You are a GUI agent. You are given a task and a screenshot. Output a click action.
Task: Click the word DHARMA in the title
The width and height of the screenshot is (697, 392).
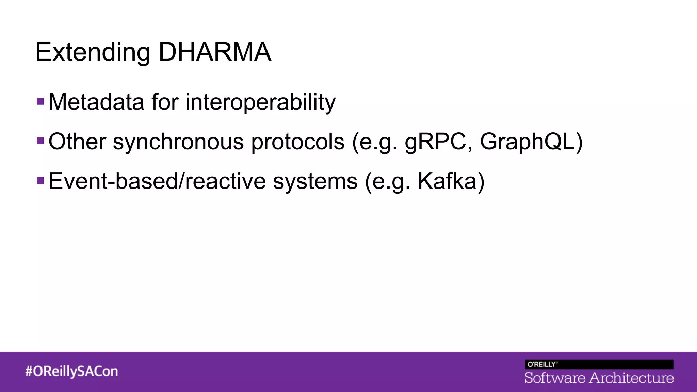[x=215, y=52]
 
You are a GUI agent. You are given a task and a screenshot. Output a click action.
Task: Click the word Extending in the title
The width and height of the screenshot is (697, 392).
[x=93, y=53]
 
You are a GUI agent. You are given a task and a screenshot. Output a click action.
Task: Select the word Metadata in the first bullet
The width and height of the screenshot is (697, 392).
[x=96, y=102]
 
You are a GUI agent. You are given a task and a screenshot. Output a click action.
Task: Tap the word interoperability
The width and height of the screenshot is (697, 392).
[x=260, y=102]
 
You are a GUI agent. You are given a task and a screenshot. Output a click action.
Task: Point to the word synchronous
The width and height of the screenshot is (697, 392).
[x=178, y=142]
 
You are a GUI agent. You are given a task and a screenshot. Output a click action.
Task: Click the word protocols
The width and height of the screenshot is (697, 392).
[x=298, y=142]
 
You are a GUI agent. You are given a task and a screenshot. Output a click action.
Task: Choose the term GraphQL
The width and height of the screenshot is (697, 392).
[x=528, y=142]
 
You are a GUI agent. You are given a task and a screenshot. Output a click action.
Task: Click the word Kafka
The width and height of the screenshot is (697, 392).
[x=447, y=181]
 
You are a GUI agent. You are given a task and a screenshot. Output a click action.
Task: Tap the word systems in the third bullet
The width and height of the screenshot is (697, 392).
[x=315, y=181]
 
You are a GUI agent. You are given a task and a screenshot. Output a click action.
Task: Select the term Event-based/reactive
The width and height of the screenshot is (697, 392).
[x=157, y=181]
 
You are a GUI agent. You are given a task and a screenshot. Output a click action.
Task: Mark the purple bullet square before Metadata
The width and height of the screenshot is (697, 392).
[x=40, y=101]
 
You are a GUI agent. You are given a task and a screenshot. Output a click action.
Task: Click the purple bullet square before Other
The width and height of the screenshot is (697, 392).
[x=40, y=141]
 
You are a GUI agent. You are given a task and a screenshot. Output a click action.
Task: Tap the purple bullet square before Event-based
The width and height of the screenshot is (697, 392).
[x=40, y=180]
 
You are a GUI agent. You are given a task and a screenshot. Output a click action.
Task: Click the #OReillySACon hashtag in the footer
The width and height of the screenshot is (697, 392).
[x=71, y=371]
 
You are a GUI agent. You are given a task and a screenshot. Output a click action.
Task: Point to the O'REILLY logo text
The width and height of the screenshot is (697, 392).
[x=542, y=364]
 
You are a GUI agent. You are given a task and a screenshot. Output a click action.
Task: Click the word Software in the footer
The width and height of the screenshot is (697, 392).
[x=555, y=378]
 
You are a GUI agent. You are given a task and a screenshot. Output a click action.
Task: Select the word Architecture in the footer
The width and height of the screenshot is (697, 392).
[x=631, y=378]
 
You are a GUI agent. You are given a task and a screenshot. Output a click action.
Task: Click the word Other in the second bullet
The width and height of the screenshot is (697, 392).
[x=77, y=142]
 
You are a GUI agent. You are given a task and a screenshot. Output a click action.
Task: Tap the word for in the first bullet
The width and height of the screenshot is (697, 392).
[x=165, y=102]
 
